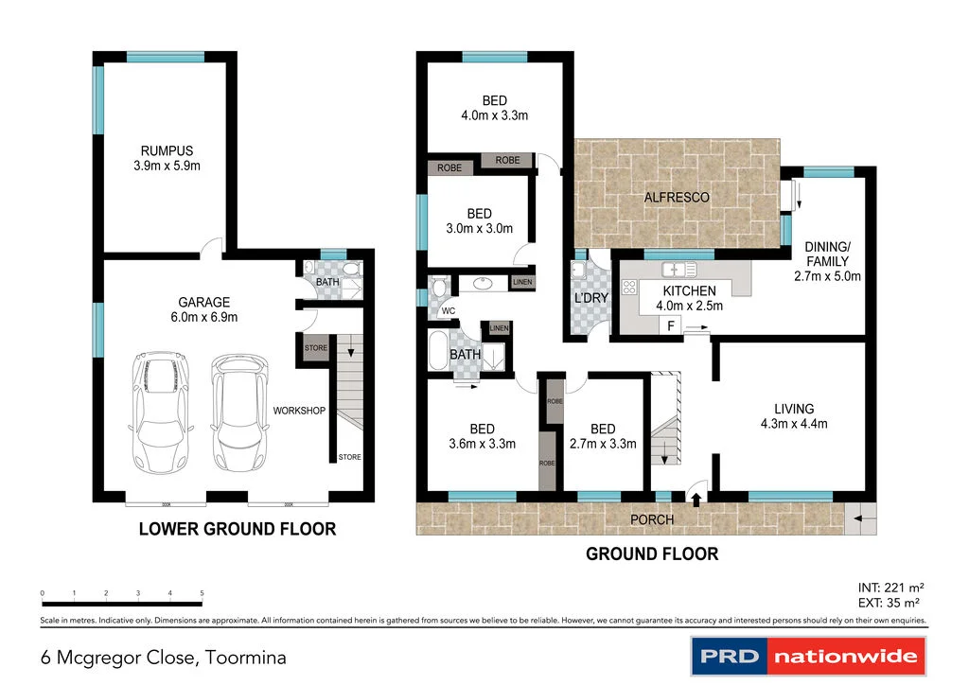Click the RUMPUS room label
pos(167,150)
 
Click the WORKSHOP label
pos(299,411)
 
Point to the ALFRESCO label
pos(677,198)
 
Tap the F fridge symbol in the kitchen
pos(671,325)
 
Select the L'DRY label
pos(590,298)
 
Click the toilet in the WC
pos(439,288)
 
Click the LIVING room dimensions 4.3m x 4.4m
pos(795,424)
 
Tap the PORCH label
pos(652,519)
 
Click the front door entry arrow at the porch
pos(696,498)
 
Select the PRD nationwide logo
pos(807,656)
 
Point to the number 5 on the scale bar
pos(203,593)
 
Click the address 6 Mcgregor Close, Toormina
pos(163,657)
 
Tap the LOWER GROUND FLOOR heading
pos(237,529)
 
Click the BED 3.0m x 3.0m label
pos(480,220)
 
